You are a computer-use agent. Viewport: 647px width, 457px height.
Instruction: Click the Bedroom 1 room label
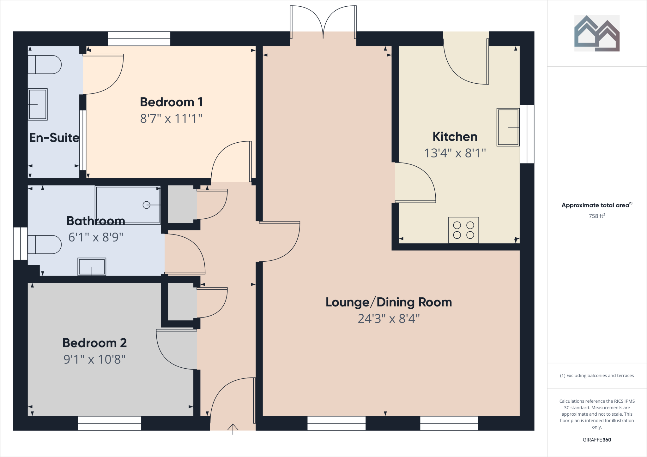point(171,102)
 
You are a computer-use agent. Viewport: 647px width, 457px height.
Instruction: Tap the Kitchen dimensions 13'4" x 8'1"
point(455,153)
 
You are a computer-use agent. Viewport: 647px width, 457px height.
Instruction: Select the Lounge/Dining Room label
point(389,302)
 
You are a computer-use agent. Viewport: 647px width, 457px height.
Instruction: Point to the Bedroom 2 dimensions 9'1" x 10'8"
point(94,359)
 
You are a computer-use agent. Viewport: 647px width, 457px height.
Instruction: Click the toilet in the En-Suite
point(44,65)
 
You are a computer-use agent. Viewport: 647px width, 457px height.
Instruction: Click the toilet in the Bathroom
point(44,245)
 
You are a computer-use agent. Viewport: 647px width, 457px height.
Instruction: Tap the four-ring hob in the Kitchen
point(463,230)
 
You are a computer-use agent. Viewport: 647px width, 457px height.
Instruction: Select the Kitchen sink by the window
point(508,127)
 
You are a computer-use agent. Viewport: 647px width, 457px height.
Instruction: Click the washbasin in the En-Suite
point(38,104)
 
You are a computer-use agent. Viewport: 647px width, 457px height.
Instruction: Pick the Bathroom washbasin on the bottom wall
point(92,267)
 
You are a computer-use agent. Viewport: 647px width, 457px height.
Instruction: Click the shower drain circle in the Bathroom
point(146,205)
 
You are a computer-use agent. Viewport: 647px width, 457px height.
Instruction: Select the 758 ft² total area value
point(596,216)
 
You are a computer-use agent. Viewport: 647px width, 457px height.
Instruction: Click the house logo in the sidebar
point(596,33)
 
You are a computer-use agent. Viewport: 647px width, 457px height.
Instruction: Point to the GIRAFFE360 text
point(596,440)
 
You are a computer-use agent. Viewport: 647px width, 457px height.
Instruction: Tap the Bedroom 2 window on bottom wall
point(109,423)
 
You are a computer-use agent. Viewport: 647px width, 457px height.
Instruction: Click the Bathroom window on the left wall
point(20,243)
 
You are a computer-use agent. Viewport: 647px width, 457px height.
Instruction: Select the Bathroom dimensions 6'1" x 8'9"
point(96,237)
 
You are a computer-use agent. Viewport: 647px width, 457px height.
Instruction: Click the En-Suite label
point(54,138)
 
